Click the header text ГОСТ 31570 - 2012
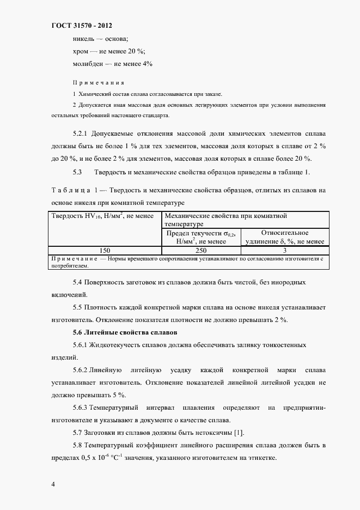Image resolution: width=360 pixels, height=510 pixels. tap(81, 26)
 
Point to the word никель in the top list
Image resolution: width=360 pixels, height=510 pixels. tap(83, 39)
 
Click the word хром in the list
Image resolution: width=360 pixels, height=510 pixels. tap(81, 52)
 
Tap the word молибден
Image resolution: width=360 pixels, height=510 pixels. tap(88, 64)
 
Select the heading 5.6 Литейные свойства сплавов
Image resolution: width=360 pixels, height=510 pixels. tap(124, 332)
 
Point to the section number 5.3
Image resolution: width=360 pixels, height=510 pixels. tap(77, 173)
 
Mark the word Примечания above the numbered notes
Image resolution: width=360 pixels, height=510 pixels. tap(98, 83)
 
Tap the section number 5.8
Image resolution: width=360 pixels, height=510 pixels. tap(77, 446)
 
